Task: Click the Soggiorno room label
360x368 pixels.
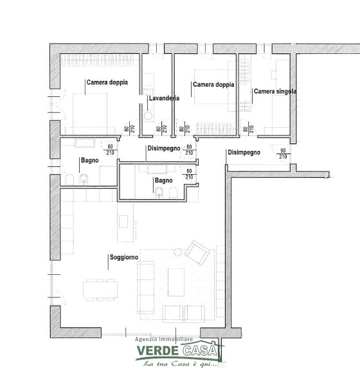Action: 124,258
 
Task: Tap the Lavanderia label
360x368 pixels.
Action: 164,98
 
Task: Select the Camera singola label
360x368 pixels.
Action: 275,91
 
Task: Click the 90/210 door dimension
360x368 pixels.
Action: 283,153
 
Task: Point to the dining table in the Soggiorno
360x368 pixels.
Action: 100,290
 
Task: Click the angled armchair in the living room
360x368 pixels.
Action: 197,252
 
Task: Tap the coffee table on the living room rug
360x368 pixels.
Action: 176,283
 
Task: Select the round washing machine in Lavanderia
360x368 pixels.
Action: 148,116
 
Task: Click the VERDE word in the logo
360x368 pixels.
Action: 157,351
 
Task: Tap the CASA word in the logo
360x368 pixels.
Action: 200,351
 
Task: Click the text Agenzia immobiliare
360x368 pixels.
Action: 164,339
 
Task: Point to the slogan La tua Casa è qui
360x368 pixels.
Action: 180,364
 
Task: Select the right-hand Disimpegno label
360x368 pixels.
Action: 244,152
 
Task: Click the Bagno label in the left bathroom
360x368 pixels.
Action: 90,161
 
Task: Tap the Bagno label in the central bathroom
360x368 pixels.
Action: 163,180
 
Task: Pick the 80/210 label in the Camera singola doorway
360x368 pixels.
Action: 248,129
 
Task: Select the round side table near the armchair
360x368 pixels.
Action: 177,252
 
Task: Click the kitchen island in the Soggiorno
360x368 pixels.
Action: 125,222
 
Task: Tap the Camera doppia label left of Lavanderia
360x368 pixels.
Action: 107,82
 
